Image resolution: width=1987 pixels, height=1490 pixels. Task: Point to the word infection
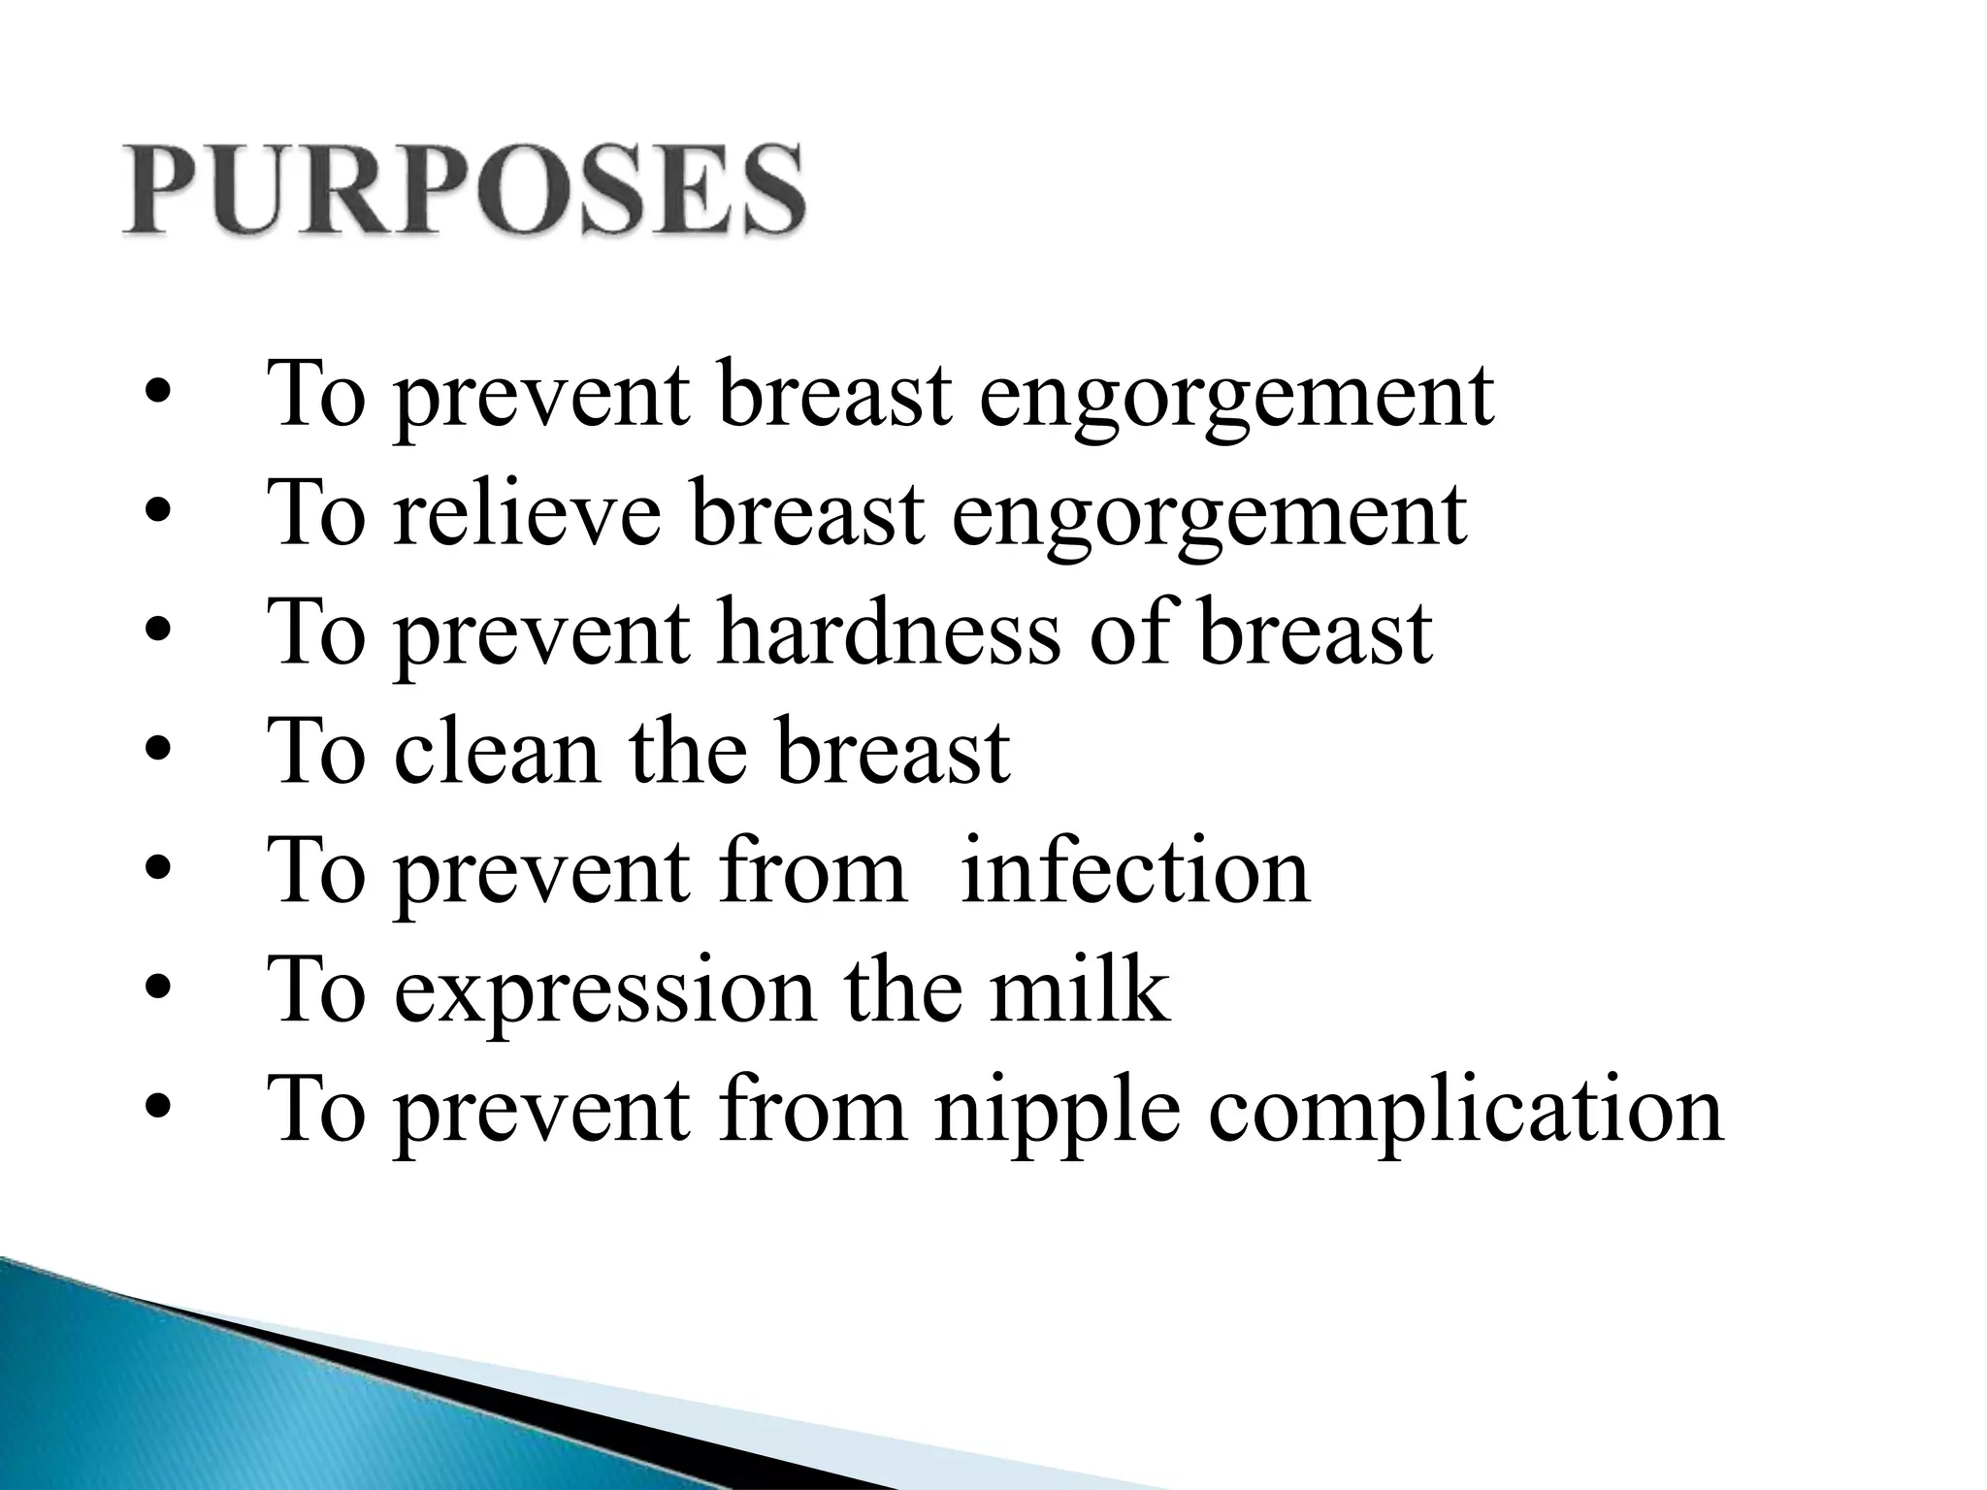[x=1134, y=872]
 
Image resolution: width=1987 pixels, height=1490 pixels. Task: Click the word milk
[x=1079, y=991]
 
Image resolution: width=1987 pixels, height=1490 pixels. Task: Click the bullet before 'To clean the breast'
[x=156, y=754]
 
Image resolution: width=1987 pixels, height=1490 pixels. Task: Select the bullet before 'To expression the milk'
[x=156, y=992]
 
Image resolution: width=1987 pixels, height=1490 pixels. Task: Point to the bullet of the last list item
[x=156, y=1112]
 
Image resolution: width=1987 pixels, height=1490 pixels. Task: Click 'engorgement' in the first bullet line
[x=1236, y=398]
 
